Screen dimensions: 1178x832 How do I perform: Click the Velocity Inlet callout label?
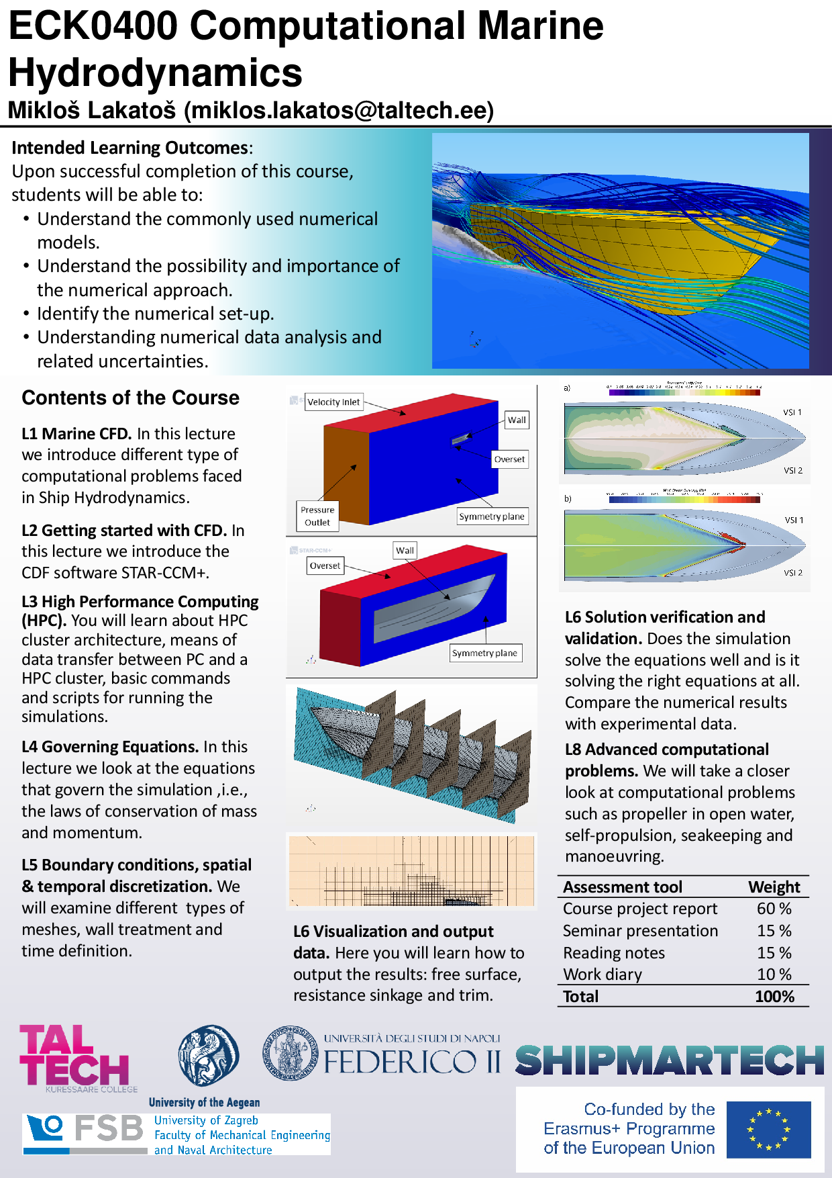click(333, 402)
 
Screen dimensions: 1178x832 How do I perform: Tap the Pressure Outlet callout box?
click(317, 516)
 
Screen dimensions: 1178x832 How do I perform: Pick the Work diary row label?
click(603, 975)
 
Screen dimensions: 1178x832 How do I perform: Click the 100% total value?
click(774, 997)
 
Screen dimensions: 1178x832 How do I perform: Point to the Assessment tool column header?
click(623, 887)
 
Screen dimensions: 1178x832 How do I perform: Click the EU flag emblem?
click(768, 1129)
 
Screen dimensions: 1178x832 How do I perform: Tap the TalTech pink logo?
click(74, 1055)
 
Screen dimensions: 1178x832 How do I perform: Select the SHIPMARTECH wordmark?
click(670, 1060)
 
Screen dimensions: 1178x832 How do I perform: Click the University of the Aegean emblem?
click(208, 1055)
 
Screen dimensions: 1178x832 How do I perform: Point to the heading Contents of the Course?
click(131, 398)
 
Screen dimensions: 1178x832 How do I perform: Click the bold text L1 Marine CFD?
click(76, 434)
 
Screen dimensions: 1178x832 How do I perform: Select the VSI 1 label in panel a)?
click(792, 412)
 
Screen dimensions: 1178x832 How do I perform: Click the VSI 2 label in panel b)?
click(793, 573)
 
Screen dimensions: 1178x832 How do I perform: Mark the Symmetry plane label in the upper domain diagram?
click(492, 516)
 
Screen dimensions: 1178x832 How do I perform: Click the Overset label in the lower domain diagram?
click(325, 565)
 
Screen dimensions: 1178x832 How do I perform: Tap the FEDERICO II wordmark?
click(412, 1062)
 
